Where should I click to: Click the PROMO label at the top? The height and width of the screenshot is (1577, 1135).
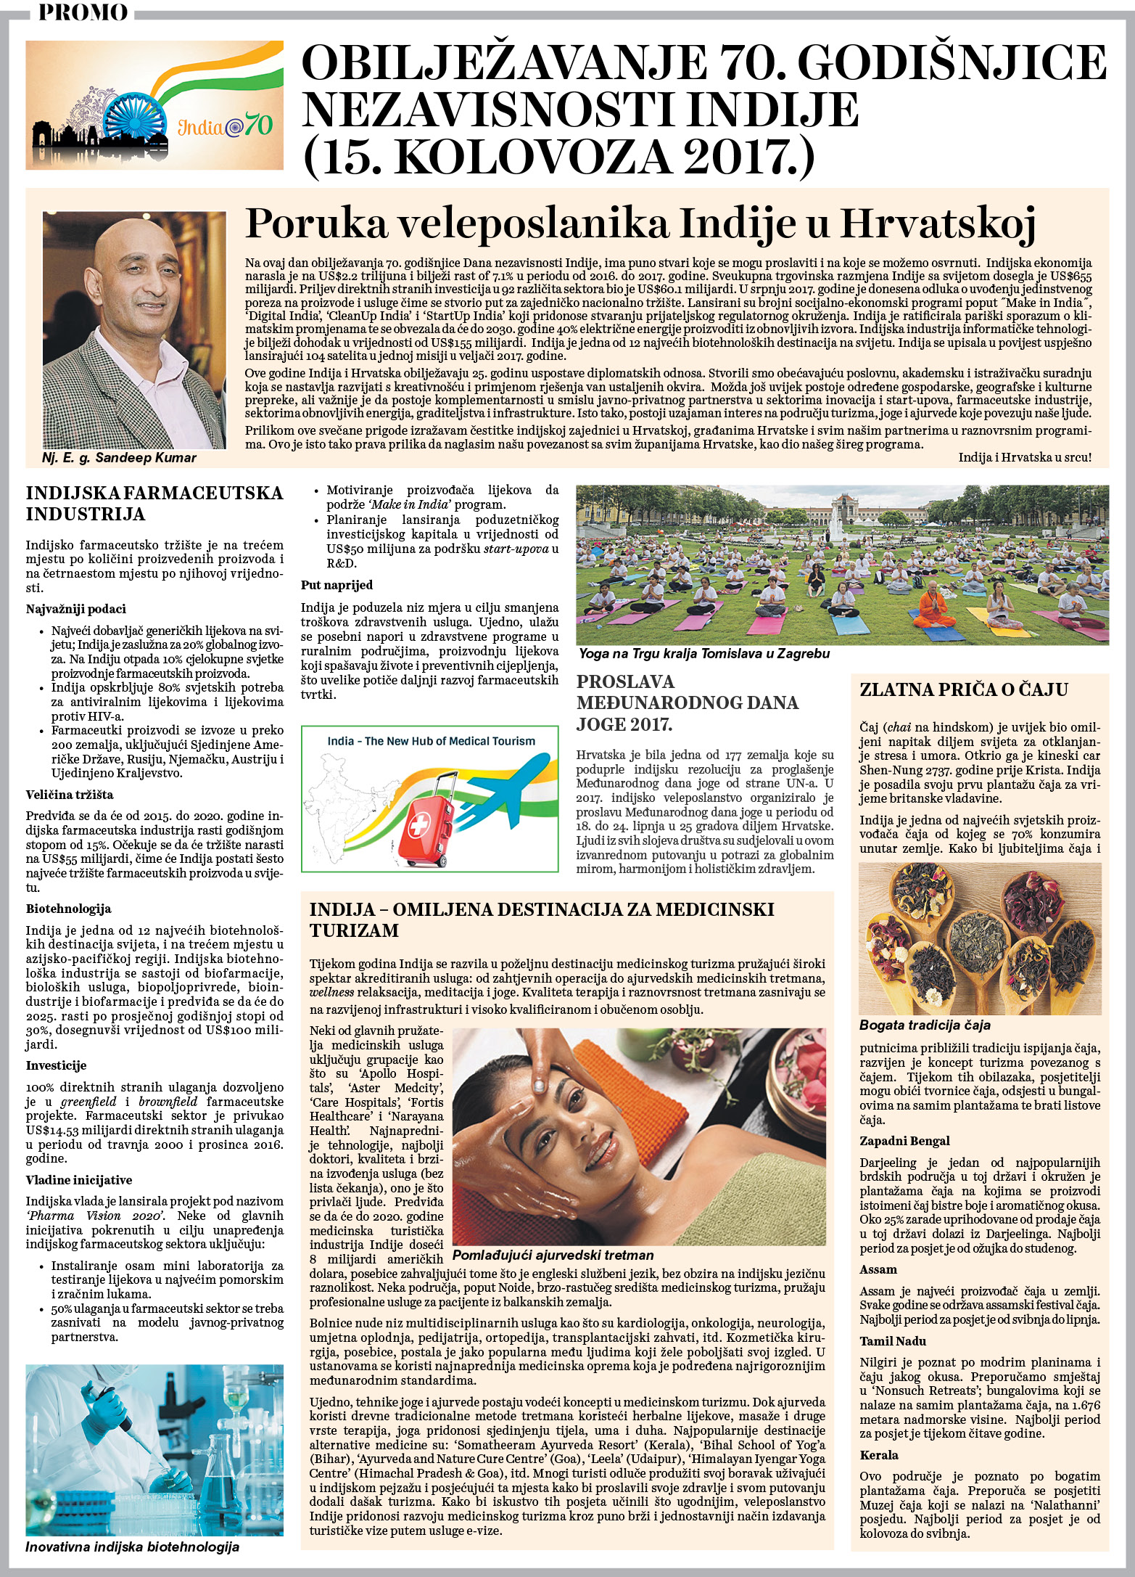[x=83, y=12]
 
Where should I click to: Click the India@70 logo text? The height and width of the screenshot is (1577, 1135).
[x=226, y=126]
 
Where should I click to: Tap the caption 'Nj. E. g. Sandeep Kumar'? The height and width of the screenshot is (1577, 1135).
[x=120, y=458]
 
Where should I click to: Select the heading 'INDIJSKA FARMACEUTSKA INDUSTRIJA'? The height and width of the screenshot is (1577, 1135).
[x=154, y=504]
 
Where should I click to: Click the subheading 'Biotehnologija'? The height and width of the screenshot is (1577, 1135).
[x=68, y=909]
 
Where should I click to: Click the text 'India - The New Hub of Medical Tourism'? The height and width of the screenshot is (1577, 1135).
[x=431, y=741]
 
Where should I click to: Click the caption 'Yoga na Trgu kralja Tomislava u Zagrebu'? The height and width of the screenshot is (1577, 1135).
[x=703, y=654]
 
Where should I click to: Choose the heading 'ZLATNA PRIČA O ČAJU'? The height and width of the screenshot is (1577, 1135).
[x=964, y=689]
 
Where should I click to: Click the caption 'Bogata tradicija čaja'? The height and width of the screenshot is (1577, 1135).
[x=925, y=1025]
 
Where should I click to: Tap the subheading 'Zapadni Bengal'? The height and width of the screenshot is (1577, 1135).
[x=904, y=1141]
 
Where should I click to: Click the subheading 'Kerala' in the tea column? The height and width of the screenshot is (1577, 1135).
[x=879, y=1455]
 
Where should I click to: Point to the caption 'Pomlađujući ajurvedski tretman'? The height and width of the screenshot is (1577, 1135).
[x=553, y=1256]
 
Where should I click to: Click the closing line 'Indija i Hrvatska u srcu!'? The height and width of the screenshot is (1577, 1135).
[x=1024, y=457]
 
